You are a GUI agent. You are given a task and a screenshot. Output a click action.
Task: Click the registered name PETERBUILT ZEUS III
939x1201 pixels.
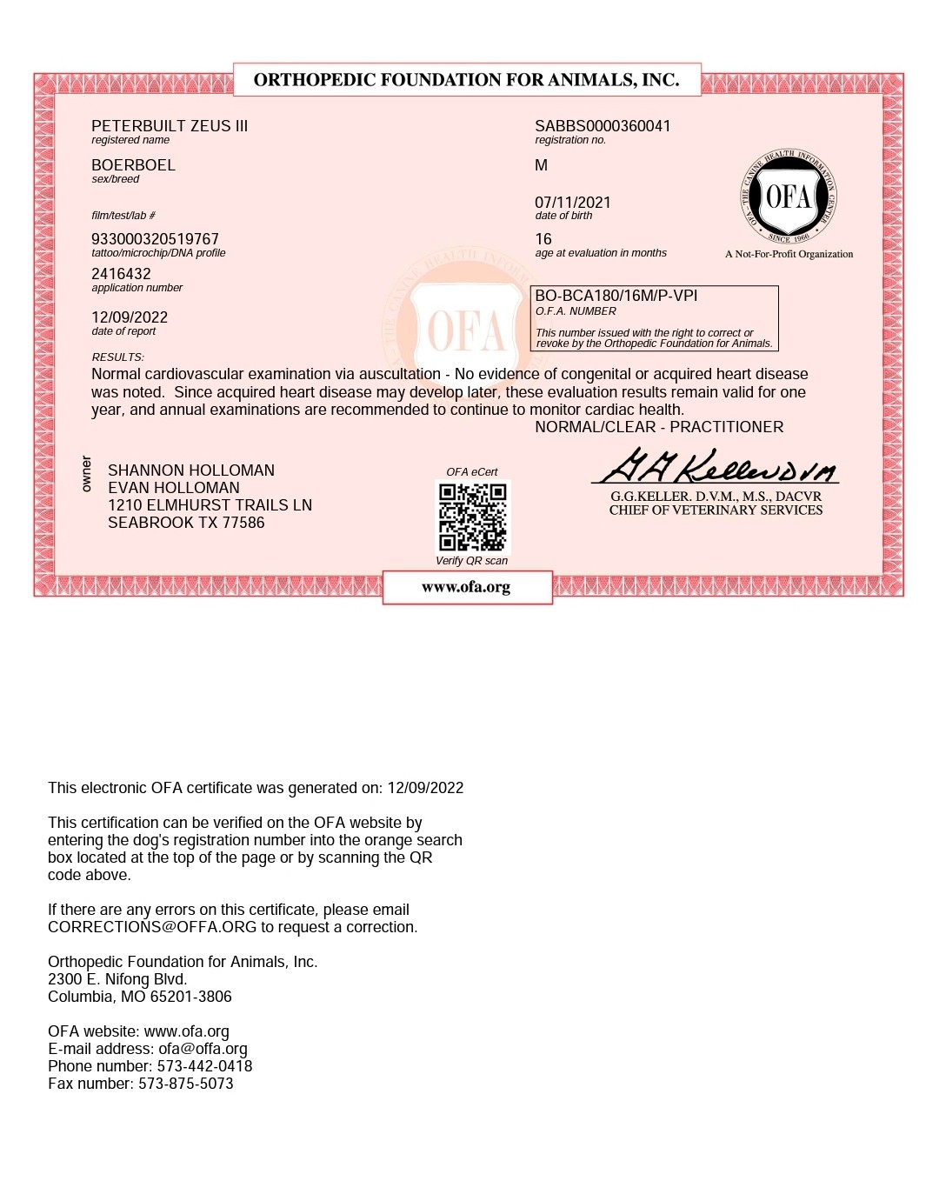click(170, 126)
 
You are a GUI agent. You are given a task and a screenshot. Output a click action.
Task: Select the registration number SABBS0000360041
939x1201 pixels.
click(603, 126)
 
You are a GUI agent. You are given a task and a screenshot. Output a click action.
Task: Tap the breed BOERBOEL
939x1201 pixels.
click(133, 165)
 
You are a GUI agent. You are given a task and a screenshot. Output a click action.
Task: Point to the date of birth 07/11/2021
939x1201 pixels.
click(573, 203)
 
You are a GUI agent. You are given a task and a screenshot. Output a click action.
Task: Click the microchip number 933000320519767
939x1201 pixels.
click(155, 239)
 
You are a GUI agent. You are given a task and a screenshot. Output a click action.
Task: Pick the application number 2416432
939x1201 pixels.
click(121, 274)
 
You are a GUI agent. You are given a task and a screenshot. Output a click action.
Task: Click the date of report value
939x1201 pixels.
click(130, 317)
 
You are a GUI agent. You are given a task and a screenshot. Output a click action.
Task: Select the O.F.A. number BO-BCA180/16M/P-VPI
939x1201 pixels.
click(616, 296)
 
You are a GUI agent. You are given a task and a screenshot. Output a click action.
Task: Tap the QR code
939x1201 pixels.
click(472, 517)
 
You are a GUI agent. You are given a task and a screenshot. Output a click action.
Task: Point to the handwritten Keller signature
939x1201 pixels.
click(715, 468)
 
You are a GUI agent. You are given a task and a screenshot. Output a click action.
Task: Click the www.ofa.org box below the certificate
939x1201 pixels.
click(467, 587)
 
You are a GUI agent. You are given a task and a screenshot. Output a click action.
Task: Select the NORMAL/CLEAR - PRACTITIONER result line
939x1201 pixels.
click(659, 427)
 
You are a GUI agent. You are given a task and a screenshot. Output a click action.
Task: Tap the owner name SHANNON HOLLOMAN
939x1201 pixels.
click(191, 470)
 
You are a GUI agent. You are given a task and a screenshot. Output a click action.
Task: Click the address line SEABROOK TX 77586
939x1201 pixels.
click(186, 523)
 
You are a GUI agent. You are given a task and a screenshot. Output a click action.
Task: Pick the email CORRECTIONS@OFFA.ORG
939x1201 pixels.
click(152, 927)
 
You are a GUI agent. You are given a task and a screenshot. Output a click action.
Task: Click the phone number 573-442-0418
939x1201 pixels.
click(204, 1066)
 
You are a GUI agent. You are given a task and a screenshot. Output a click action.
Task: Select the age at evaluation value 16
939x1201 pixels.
click(543, 239)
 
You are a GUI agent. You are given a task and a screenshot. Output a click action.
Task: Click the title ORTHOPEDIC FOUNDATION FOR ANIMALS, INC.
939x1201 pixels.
click(467, 80)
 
